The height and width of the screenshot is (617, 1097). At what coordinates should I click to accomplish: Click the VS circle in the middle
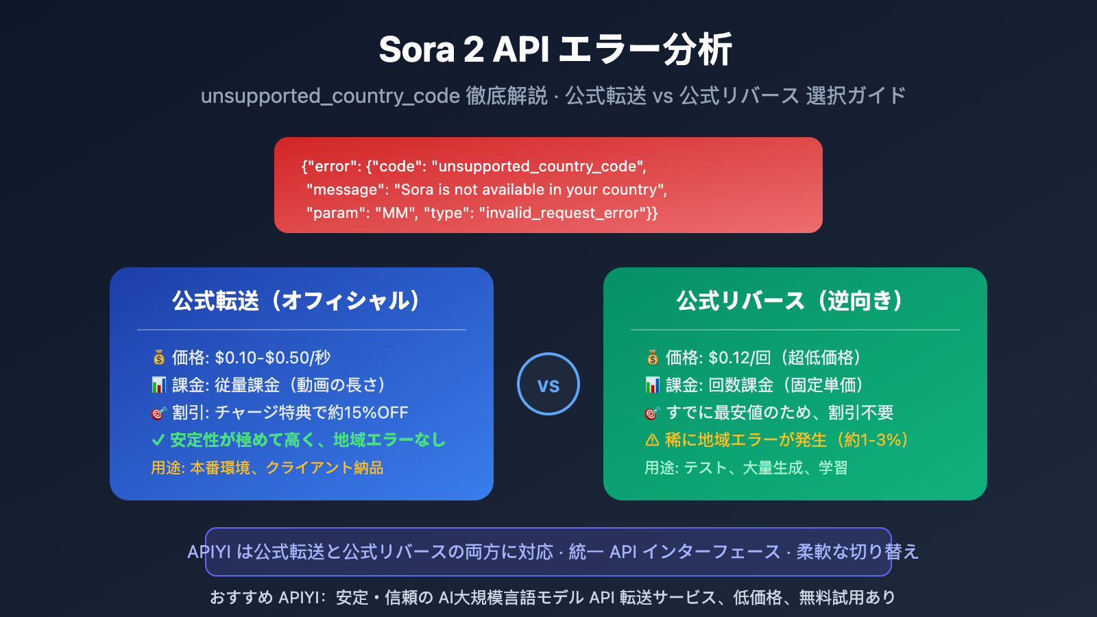click(x=548, y=384)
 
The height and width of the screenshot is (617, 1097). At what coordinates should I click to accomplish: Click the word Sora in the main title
click(x=416, y=49)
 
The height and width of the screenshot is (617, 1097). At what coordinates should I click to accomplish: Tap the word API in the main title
click(x=521, y=49)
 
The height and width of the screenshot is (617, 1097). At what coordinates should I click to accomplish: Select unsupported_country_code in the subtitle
click(x=330, y=95)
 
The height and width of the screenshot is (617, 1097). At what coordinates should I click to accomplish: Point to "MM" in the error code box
click(x=396, y=213)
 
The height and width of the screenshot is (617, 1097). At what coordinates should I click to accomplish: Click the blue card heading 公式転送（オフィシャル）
click(x=296, y=300)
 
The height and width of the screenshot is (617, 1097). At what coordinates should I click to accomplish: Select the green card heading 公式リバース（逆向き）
click(x=790, y=300)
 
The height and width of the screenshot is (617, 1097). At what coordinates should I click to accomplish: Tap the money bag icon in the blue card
click(x=159, y=357)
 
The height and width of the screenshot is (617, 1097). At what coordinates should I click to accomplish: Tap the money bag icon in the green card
click(x=653, y=357)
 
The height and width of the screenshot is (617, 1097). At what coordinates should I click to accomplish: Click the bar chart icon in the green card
click(x=653, y=385)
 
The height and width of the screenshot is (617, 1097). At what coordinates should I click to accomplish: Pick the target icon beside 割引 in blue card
click(x=158, y=413)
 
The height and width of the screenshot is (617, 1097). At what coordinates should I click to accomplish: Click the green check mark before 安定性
click(x=158, y=440)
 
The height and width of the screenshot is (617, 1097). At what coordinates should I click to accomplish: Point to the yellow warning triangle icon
click(x=652, y=440)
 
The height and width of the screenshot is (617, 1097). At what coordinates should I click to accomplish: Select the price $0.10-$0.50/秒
click(x=272, y=357)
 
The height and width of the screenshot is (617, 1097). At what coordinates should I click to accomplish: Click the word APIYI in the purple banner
click(x=209, y=552)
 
